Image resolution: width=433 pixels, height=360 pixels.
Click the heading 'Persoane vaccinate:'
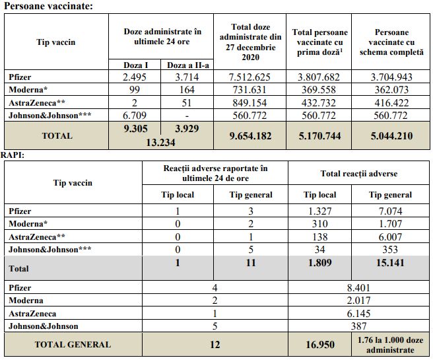point(48,7)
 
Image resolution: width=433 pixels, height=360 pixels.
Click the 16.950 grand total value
point(319,344)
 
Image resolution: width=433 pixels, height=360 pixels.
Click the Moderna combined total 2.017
point(359,301)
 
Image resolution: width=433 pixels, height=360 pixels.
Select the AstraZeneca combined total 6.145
point(359,314)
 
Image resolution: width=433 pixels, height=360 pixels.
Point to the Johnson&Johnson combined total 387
point(359,326)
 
